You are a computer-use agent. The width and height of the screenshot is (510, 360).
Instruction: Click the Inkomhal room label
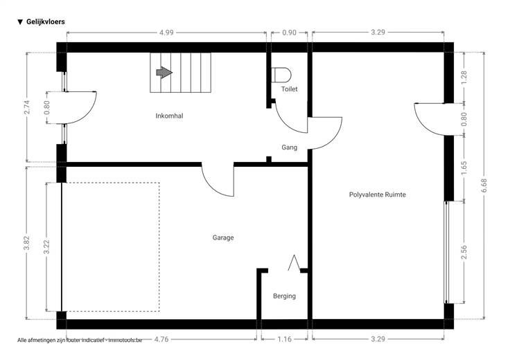[169, 116]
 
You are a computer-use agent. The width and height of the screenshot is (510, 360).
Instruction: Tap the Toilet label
[289, 89]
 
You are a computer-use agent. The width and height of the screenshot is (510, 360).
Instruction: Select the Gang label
[289, 147]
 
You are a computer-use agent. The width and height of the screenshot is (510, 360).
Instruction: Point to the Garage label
[223, 237]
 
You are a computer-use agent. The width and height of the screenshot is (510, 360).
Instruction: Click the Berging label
[284, 296]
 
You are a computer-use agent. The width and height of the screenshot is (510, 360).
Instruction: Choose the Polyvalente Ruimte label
[377, 195]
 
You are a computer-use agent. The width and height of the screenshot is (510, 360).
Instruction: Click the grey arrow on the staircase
[164, 73]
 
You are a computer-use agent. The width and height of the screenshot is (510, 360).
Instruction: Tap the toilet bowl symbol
[281, 75]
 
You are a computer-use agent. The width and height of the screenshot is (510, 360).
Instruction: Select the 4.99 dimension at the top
[166, 33]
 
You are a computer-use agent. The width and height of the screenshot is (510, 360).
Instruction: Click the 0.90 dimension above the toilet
[289, 33]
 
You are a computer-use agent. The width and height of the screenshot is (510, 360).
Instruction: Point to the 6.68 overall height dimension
[484, 186]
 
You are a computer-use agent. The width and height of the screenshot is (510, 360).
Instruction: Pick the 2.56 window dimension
[464, 252]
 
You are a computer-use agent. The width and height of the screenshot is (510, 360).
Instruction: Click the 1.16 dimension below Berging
[284, 339]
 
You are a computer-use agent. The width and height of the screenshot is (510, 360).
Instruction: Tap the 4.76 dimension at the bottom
[161, 339]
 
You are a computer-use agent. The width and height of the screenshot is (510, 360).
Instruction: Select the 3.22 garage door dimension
[46, 247]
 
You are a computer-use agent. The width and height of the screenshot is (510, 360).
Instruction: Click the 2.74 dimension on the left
[27, 107]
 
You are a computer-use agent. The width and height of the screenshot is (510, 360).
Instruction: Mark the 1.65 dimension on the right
[464, 168]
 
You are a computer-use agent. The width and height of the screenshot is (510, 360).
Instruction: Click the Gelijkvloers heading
[46, 21]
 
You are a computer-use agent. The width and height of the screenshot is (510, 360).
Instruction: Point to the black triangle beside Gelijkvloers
[20, 22]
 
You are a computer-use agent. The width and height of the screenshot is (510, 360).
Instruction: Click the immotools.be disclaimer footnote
[80, 340]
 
